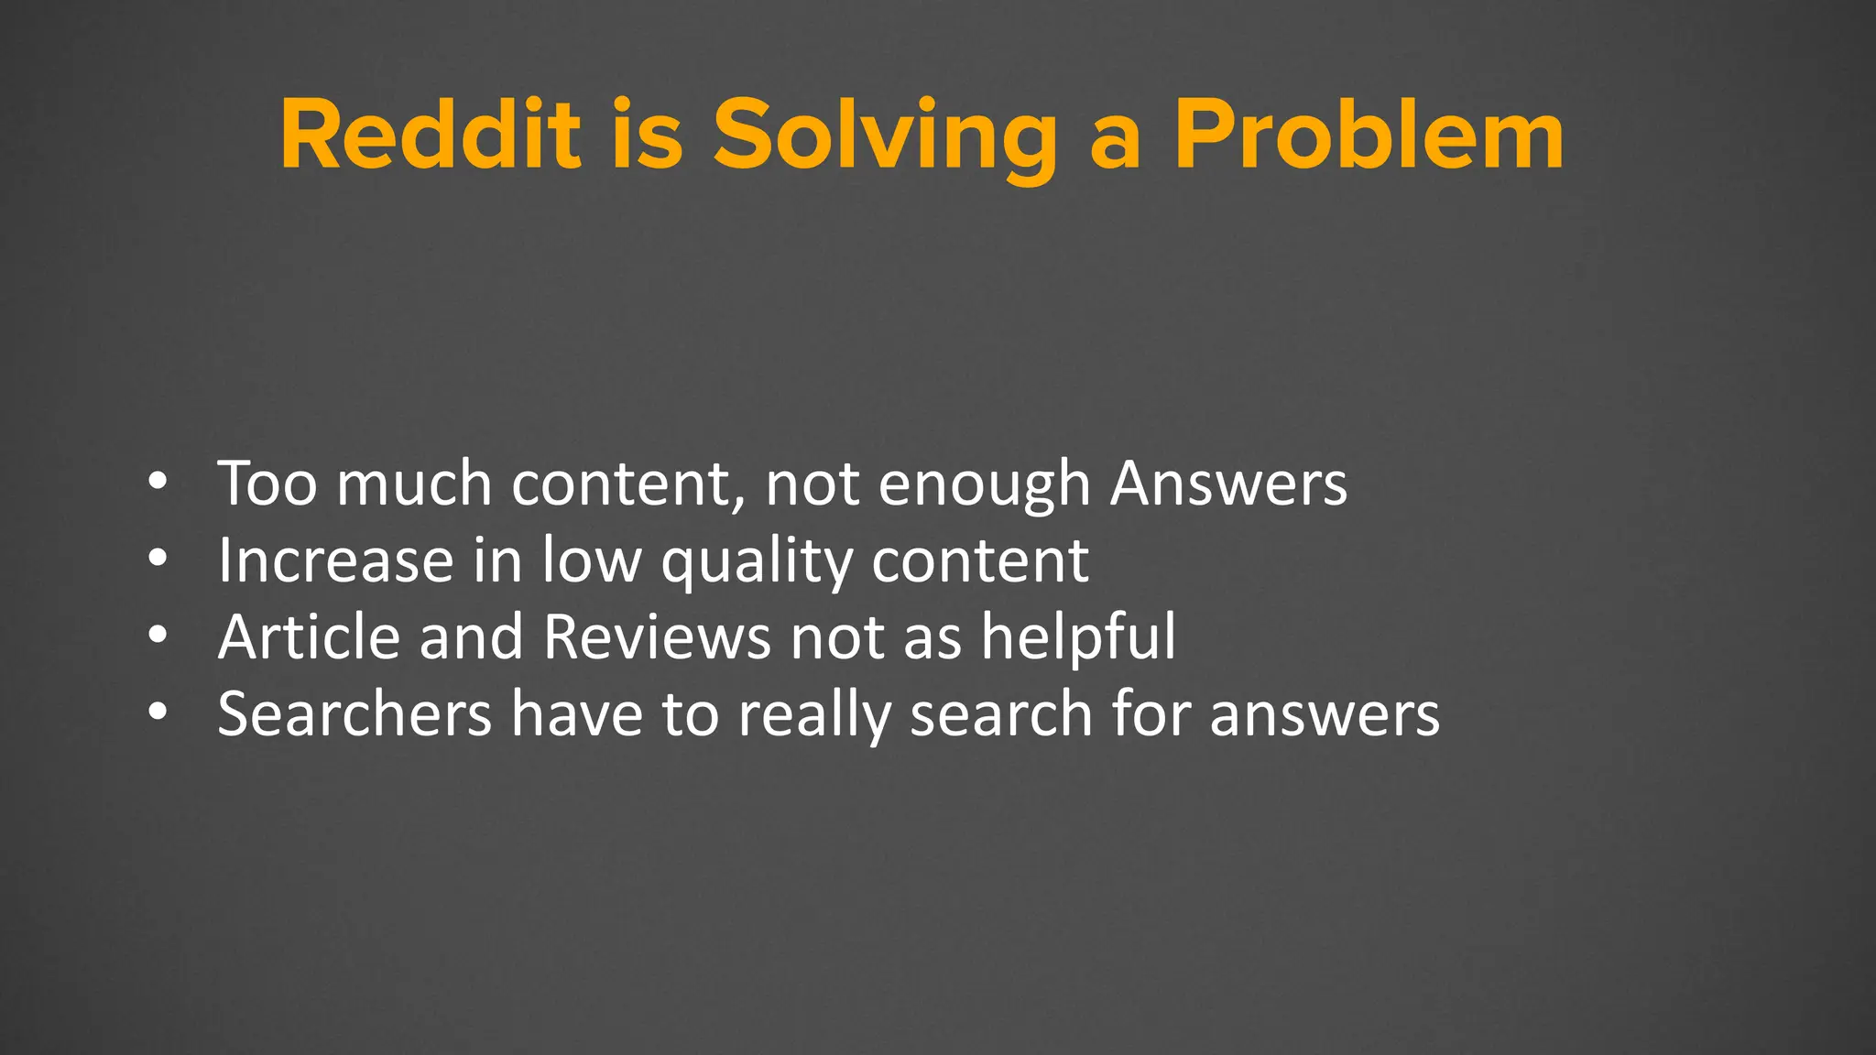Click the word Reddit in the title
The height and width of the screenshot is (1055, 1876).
(x=431, y=136)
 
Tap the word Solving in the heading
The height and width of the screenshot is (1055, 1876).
(x=885, y=137)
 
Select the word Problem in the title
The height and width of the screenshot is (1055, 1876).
(x=1369, y=136)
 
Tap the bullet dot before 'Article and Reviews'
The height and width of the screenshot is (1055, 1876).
(x=158, y=635)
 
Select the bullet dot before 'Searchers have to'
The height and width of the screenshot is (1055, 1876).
(x=158, y=712)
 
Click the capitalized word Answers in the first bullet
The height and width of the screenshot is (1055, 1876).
(x=1228, y=483)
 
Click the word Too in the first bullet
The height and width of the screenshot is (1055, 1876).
(x=267, y=483)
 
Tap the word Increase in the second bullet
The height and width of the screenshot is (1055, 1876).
(x=335, y=560)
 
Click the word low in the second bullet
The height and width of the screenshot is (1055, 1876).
(x=591, y=560)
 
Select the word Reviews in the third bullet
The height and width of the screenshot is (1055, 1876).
(x=657, y=636)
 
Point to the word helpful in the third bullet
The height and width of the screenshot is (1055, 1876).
(x=1078, y=636)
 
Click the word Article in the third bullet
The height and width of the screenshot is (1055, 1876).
(x=310, y=636)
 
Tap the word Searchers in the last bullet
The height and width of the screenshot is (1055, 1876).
(x=354, y=713)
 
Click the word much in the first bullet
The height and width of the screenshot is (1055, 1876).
(x=414, y=483)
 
